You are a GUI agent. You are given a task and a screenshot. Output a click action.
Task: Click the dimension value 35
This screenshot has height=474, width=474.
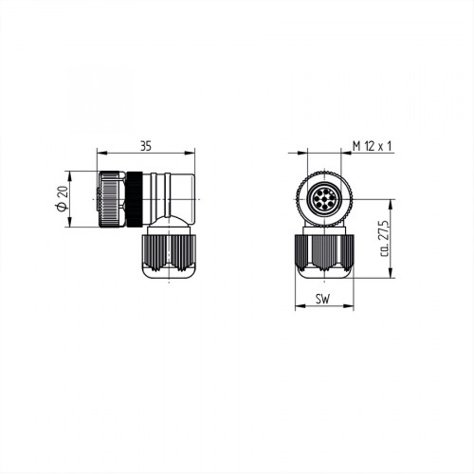point(145,146)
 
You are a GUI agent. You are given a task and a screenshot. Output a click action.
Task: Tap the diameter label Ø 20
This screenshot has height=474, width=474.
point(62,200)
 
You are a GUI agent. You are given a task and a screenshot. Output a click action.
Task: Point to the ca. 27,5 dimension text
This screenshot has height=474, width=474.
point(384,240)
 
